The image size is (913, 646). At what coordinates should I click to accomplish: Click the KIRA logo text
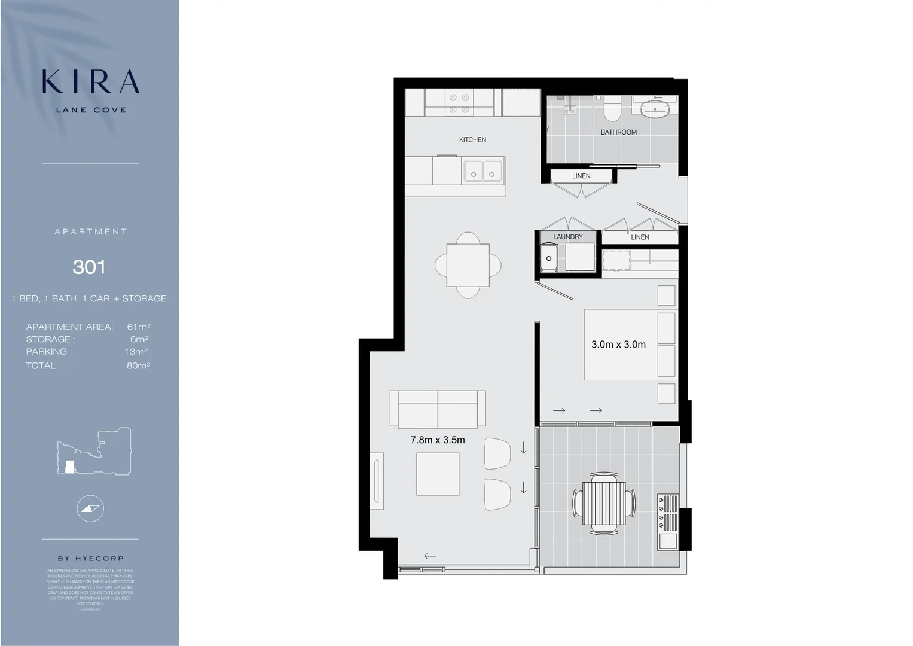click(x=90, y=82)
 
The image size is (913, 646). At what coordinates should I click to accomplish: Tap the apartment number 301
click(x=89, y=267)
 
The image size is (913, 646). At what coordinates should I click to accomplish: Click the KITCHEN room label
click(x=472, y=140)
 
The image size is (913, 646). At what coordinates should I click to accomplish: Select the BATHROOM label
click(x=618, y=132)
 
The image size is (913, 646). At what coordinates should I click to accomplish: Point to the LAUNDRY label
click(x=567, y=237)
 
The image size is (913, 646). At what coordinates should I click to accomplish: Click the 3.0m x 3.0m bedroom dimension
click(x=618, y=345)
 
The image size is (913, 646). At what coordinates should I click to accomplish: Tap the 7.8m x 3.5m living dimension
click(x=438, y=440)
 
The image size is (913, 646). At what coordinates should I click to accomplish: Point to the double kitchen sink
click(x=483, y=170)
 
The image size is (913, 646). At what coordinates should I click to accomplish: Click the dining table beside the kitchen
click(x=468, y=265)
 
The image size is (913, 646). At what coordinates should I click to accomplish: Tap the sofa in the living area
click(x=438, y=409)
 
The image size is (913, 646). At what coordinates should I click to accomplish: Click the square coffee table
click(x=438, y=474)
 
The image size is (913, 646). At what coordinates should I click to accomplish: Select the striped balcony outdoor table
click(x=604, y=503)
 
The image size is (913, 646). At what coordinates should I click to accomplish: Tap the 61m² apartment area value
click(x=138, y=327)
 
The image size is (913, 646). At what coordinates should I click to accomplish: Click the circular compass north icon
click(x=90, y=509)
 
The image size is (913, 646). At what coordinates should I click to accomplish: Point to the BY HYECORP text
click(x=90, y=559)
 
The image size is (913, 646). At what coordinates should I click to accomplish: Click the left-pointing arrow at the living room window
click(x=429, y=556)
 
